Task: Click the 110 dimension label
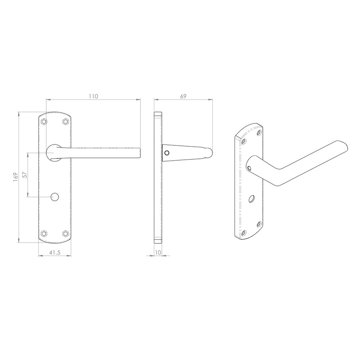tap(94, 96)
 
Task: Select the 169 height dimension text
tap(15, 176)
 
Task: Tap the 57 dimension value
tap(25, 175)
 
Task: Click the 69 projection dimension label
tap(183, 96)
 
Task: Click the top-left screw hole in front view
tap(44, 121)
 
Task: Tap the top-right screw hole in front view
tap(66, 121)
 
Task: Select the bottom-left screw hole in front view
tap(44, 233)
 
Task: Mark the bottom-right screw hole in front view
tap(66, 233)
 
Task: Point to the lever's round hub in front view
tap(54, 152)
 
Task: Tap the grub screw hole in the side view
tap(167, 153)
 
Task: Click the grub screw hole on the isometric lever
tap(250, 169)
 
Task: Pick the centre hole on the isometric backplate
tap(252, 198)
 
